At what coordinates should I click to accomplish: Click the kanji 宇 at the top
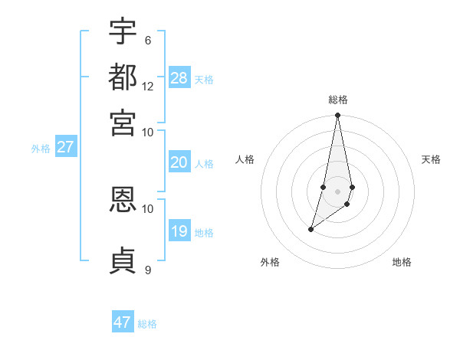123,31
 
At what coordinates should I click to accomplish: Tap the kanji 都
123,77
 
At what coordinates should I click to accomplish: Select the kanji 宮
123,122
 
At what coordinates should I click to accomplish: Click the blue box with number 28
179,77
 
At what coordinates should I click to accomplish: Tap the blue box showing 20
179,162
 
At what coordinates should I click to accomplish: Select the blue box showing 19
179,231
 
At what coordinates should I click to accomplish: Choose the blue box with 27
65,147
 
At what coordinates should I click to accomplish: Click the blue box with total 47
123,322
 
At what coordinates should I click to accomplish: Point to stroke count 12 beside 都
148,87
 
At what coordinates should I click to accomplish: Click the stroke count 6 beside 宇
148,41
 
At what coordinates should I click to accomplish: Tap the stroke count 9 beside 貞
148,270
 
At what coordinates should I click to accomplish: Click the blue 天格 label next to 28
204,79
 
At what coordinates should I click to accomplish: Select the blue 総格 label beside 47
147,324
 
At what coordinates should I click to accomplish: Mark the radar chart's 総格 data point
337,116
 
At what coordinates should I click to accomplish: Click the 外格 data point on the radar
310,229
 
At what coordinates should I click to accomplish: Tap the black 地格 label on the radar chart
402,263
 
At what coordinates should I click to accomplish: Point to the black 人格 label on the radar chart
245,159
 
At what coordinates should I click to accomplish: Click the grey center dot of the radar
337,191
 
